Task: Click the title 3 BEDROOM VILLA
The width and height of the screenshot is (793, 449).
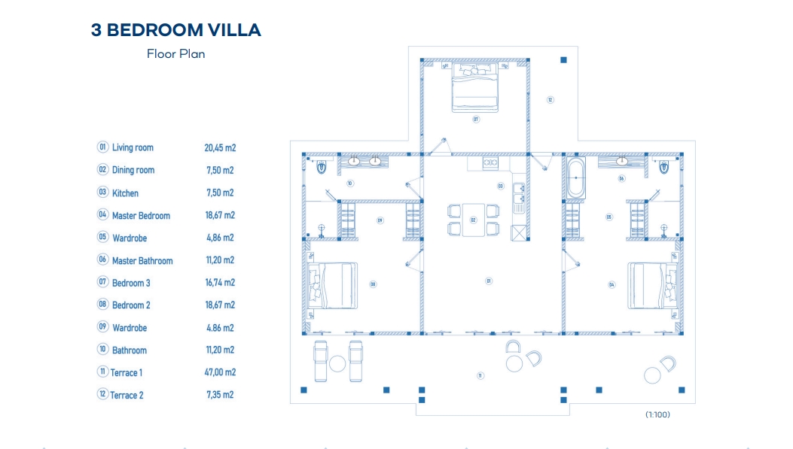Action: tap(175, 30)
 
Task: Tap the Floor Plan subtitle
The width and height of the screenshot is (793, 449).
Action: tap(175, 54)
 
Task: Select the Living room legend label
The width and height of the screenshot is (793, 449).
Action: tap(133, 147)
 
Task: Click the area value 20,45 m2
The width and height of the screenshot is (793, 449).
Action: tap(220, 148)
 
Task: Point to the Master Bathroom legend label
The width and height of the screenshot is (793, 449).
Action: tap(142, 261)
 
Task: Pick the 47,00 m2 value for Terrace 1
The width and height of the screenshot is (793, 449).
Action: tap(220, 372)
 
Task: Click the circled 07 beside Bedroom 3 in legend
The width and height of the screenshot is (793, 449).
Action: tap(102, 283)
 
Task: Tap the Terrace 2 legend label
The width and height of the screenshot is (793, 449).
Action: tap(127, 395)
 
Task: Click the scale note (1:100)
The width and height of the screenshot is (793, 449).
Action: tap(657, 414)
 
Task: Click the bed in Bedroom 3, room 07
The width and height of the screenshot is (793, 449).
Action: tap(475, 87)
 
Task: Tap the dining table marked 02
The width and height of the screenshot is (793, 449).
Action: tap(473, 220)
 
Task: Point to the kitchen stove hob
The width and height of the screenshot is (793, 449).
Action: tap(490, 162)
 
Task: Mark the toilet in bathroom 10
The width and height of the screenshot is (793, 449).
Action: tap(322, 167)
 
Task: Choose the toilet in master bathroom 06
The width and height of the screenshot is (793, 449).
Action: tap(663, 167)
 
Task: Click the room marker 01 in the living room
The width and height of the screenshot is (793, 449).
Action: tap(489, 281)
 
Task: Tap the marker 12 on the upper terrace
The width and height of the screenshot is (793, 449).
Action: tap(550, 99)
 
